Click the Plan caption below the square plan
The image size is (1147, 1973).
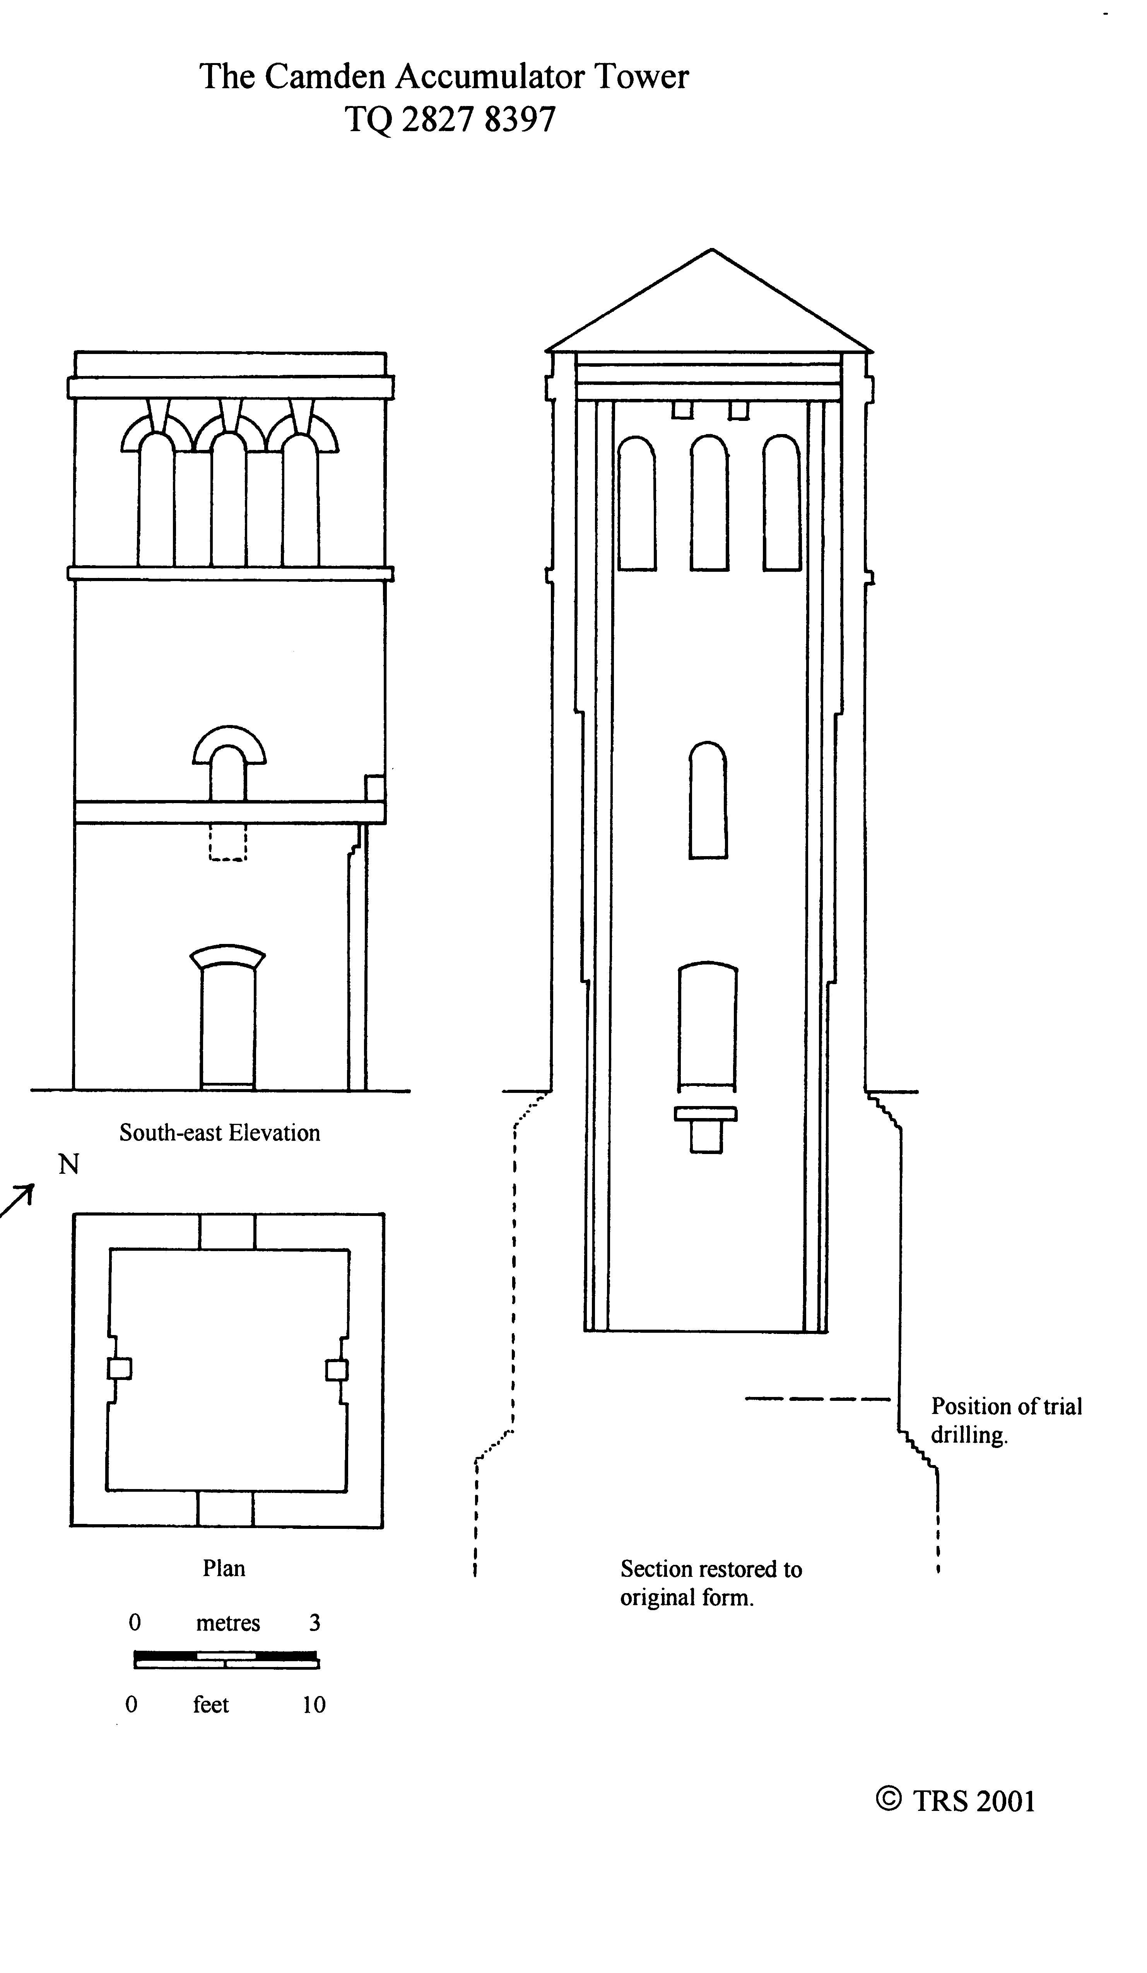pyautogui.click(x=224, y=1568)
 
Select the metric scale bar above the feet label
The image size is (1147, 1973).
pyautogui.click(x=226, y=1660)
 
